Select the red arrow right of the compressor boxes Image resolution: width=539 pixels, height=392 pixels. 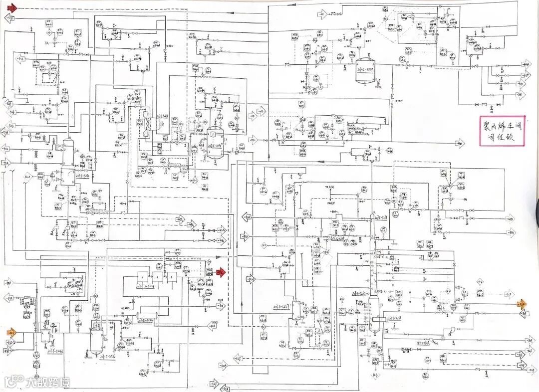tap(222, 272)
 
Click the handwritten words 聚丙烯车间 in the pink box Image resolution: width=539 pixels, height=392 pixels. tap(503, 123)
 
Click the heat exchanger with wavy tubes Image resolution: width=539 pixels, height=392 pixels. tap(148, 122)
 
